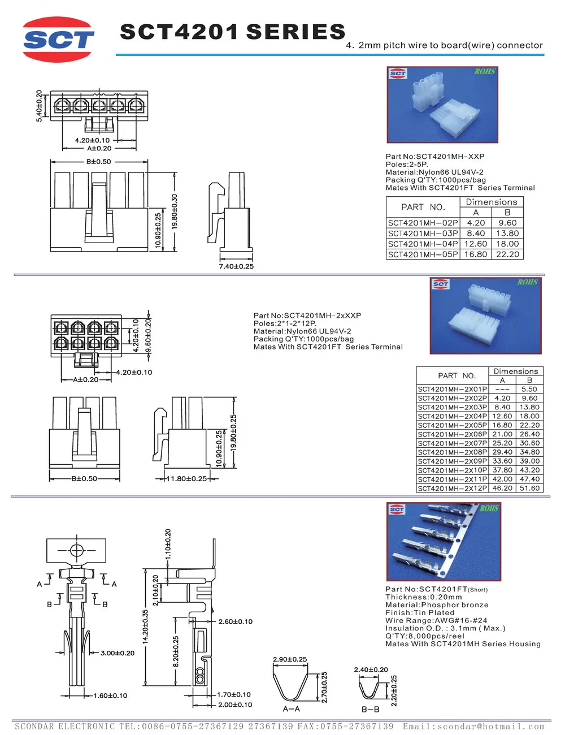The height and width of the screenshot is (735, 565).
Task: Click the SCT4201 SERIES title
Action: click(x=232, y=32)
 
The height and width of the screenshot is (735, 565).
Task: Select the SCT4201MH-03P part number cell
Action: click(x=423, y=234)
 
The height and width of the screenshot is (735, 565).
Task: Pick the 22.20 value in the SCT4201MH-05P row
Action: click(x=507, y=254)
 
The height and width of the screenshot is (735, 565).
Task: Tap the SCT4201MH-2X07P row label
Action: click(x=452, y=443)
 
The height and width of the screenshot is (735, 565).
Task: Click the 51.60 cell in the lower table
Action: click(x=529, y=488)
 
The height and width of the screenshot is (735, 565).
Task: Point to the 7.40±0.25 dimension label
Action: click(x=236, y=266)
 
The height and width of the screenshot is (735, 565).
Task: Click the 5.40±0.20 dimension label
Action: click(x=39, y=106)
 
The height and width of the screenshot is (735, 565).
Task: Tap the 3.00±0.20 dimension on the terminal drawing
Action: click(x=118, y=653)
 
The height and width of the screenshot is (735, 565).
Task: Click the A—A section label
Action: click(x=291, y=709)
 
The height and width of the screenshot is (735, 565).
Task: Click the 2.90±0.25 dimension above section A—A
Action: click(x=290, y=659)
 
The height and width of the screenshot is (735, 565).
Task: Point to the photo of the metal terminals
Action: click(x=444, y=541)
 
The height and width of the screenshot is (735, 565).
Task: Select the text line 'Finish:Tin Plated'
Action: click(x=420, y=612)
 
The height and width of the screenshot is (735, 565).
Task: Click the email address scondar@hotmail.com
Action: click(x=490, y=727)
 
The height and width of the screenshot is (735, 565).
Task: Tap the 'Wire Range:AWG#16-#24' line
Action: click(x=436, y=620)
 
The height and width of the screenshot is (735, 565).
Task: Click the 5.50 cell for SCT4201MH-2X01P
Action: click(x=529, y=389)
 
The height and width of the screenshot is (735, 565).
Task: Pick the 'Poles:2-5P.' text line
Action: click(x=407, y=165)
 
